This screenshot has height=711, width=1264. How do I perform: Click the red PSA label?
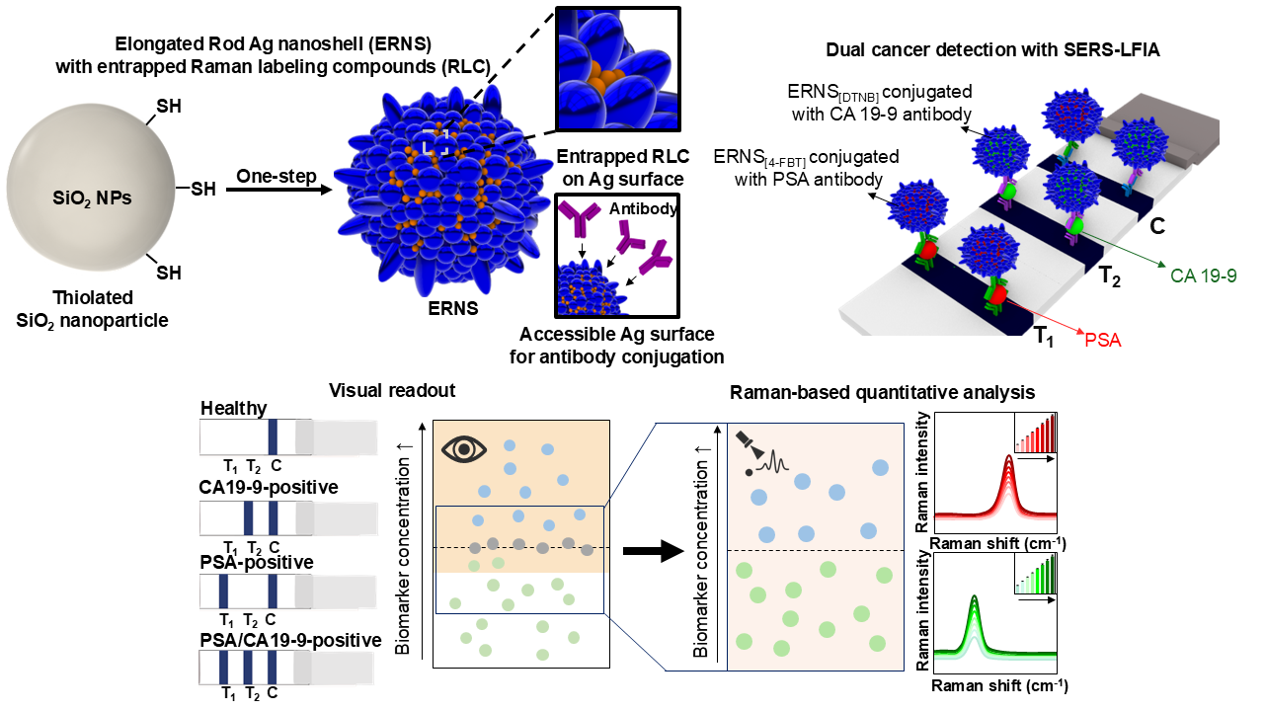tap(1103, 341)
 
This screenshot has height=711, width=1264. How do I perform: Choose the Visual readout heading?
tap(392, 390)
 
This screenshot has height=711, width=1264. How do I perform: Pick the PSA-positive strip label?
tap(257, 562)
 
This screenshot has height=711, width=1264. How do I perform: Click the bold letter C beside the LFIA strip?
tap(1157, 226)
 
